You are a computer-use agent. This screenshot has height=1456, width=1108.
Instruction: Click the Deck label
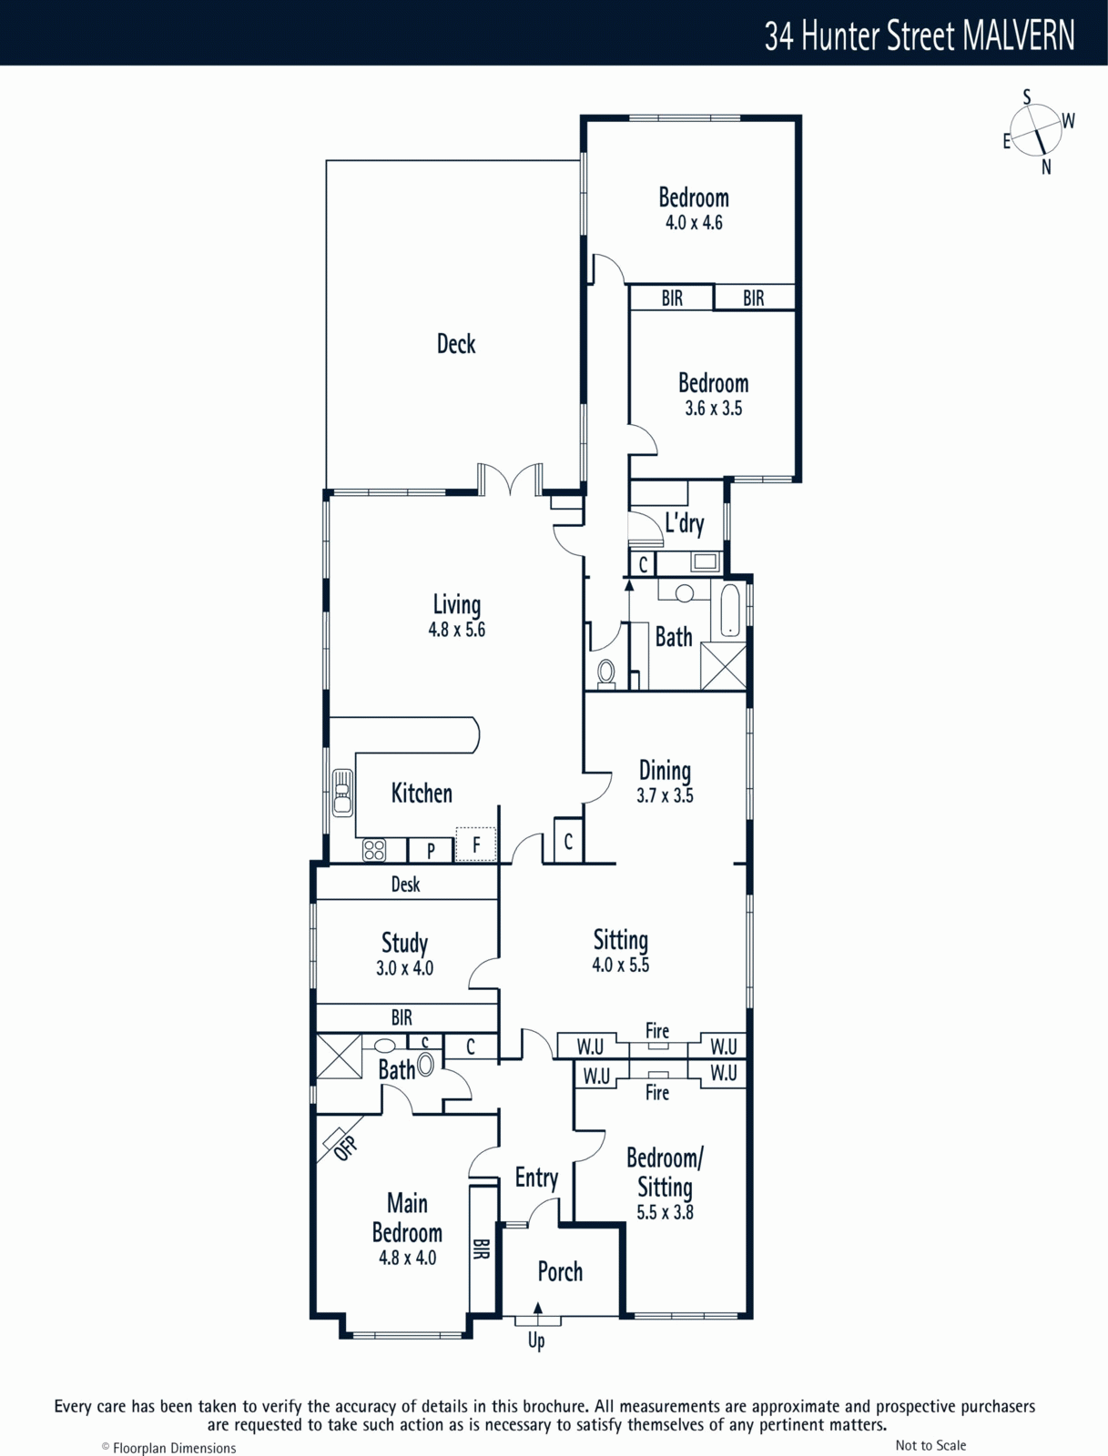tap(456, 344)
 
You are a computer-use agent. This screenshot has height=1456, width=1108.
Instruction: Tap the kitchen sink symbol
tap(342, 793)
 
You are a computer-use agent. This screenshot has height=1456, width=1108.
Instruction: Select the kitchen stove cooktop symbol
tap(374, 850)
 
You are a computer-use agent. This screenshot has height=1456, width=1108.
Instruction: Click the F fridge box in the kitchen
tap(476, 844)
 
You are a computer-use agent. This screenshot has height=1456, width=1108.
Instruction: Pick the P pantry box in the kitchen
tap(431, 850)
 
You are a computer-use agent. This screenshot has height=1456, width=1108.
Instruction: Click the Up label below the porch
tap(536, 1340)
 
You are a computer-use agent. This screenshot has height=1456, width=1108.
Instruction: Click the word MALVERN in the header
tap(1019, 35)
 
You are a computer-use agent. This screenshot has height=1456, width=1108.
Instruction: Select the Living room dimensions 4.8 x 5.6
tap(456, 630)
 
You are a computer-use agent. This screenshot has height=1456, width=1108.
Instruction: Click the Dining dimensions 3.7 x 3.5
tap(665, 795)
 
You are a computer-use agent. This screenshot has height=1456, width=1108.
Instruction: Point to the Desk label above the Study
tap(405, 885)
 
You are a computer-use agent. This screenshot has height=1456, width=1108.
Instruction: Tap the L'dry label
tap(684, 522)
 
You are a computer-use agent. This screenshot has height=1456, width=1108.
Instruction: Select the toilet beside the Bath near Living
tap(605, 672)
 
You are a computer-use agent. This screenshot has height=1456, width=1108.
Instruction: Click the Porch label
tap(560, 1271)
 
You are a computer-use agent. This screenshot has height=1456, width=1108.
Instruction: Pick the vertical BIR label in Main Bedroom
tap(482, 1249)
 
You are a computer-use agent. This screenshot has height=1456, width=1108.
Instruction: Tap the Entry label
tap(537, 1178)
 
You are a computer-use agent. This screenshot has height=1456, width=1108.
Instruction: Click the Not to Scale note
tap(930, 1445)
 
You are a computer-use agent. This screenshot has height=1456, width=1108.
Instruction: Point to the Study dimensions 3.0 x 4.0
tap(405, 968)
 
